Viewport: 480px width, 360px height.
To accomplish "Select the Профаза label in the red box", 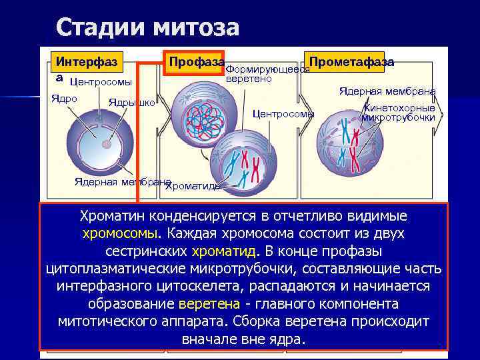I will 195,62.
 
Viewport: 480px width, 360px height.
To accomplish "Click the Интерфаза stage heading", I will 86,62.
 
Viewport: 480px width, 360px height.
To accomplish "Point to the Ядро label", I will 65,98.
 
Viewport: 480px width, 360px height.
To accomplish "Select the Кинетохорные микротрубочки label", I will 398,113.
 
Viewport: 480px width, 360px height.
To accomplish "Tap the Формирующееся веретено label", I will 267,74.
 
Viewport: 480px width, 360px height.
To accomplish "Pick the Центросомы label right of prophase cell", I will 283,114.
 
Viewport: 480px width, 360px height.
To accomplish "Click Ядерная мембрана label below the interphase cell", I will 122,181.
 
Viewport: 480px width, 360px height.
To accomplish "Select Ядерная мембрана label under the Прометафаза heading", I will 387,91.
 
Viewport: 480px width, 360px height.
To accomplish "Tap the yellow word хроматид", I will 225,252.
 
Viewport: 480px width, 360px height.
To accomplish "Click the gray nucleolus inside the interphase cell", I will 106,143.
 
